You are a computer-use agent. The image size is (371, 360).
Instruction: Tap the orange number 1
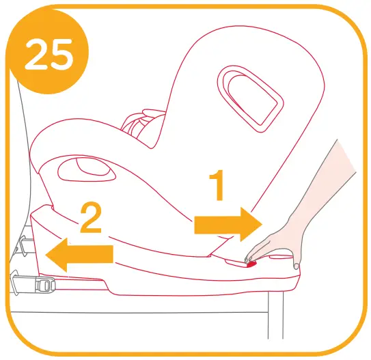point(217,186)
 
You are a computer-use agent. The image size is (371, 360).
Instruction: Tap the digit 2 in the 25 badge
point(36,55)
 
